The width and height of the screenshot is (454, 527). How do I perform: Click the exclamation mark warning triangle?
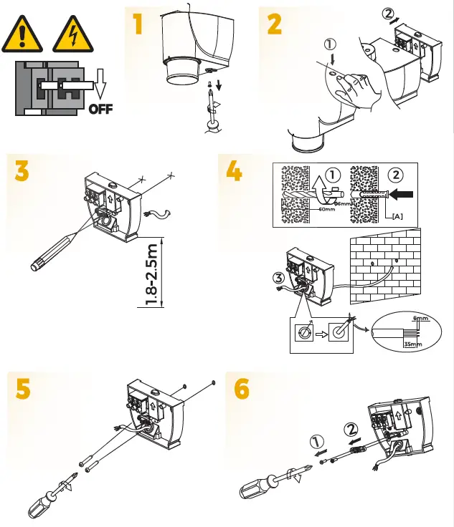24,37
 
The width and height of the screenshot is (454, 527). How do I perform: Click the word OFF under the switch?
101,110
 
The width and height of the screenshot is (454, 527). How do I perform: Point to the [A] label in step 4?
397,216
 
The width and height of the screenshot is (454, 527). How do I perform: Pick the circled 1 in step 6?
317,441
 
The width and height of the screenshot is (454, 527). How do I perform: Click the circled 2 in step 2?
389,13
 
